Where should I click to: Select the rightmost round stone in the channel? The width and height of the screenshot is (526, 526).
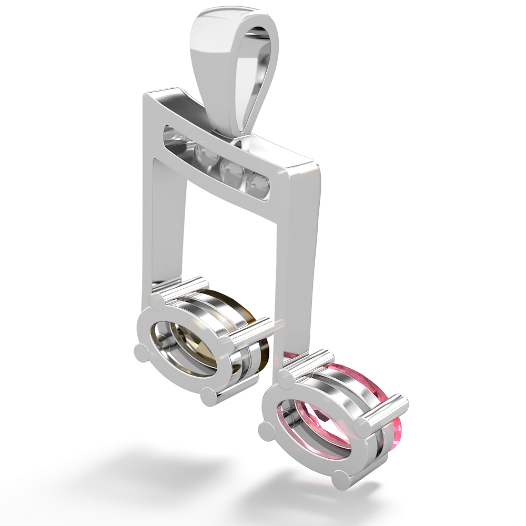click(259, 183)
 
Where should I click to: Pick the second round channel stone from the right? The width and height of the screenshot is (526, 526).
click(230, 169)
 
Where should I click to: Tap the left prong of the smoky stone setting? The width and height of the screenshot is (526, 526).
click(141, 351)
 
